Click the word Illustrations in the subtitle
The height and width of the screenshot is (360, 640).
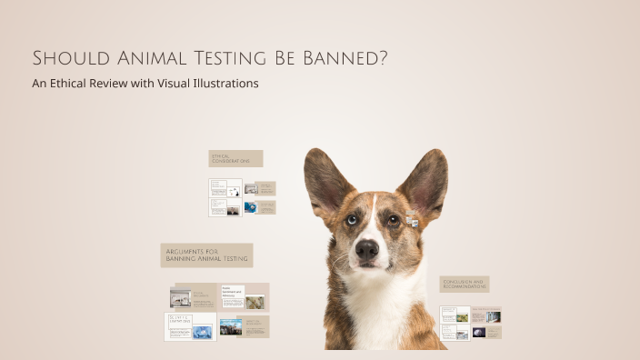224,84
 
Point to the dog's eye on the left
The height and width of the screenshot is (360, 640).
351,219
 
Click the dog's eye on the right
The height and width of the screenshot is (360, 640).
394,219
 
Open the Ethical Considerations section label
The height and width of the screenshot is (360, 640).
235,159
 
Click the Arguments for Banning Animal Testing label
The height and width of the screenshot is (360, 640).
206,255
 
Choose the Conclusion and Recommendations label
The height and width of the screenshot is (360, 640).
465,285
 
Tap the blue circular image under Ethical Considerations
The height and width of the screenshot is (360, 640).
250,207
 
